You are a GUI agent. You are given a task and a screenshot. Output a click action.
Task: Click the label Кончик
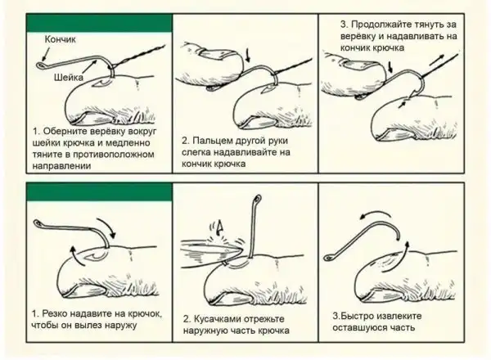tap(60, 39)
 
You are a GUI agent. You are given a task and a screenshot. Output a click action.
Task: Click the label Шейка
tap(68, 77)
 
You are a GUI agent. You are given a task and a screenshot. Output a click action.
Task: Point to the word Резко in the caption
tap(53, 313)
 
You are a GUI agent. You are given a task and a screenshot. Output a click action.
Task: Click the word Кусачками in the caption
tap(217, 319)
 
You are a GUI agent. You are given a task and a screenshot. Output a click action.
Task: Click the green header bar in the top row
tap(99, 23)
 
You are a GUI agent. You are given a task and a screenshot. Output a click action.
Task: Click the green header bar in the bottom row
tap(99, 192)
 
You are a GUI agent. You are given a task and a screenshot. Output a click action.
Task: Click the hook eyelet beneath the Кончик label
tap(41, 65)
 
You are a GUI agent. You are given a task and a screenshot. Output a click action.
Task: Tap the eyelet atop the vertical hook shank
tap(258, 198)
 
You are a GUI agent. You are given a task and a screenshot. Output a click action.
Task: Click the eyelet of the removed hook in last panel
tap(329, 258)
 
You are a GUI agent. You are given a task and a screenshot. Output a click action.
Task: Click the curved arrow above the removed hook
tap(374, 214)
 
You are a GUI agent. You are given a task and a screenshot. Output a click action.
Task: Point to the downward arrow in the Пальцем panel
tap(249, 55)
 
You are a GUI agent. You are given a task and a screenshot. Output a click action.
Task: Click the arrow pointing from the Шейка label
tap(89, 67)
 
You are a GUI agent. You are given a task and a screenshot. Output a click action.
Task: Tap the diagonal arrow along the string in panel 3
tap(436, 60)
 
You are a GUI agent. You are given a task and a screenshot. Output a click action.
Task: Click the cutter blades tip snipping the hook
tap(241, 249)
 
